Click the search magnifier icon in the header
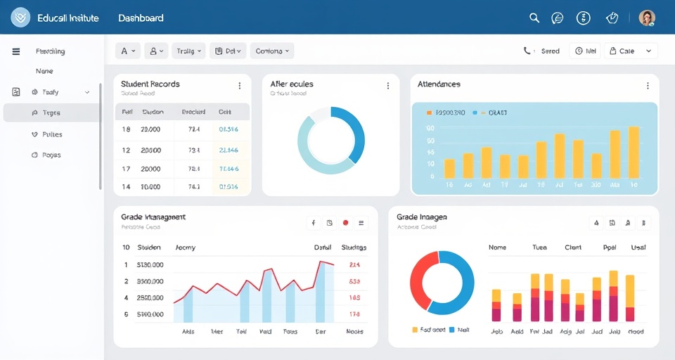[x=534, y=18]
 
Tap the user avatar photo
[x=647, y=18]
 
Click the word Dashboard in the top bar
[x=141, y=18]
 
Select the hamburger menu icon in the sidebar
[x=16, y=51]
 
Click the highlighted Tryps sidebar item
[x=51, y=112]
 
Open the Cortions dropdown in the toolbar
[x=272, y=51]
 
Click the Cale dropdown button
[x=632, y=51]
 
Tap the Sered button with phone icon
[x=541, y=51]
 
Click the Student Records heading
[x=150, y=84]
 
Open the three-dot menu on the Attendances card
[x=648, y=86]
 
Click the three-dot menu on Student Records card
[x=239, y=86]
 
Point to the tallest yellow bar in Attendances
[x=634, y=152]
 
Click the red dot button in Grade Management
[x=345, y=223]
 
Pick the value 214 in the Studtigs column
[x=354, y=265]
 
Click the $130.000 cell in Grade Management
[x=150, y=265]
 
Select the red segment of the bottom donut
[x=419, y=281]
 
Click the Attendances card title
[x=439, y=84]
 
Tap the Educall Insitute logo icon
[x=20, y=18]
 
